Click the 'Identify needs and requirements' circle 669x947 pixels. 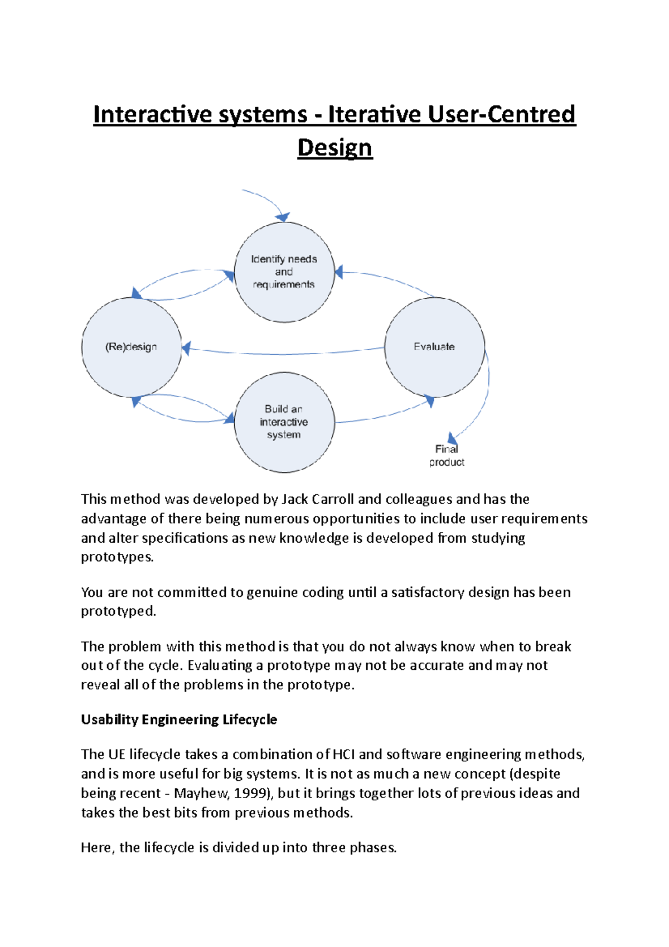pos(284,272)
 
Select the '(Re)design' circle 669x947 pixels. pos(132,347)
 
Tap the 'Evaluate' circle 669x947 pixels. pos(434,347)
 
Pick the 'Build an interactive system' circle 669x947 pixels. pos(284,422)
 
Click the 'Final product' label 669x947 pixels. pos(447,456)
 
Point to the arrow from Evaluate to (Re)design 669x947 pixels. pos(284,354)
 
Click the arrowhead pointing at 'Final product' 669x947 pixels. pos(453,438)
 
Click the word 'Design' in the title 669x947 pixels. pos(334,148)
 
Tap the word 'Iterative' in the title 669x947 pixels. pos(374,114)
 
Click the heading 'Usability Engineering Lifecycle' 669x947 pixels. pos(179,719)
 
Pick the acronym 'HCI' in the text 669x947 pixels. pos(343,755)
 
